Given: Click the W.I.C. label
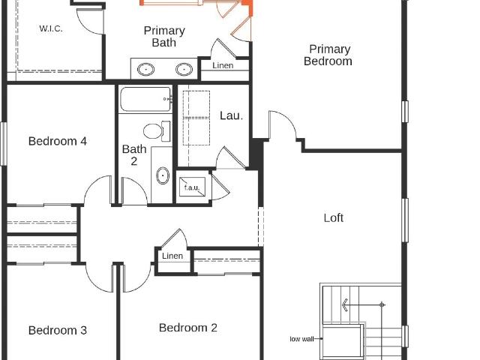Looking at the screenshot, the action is click(x=51, y=28).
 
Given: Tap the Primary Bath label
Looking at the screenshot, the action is click(x=164, y=37).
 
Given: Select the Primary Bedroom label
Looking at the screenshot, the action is click(x=328, y=55).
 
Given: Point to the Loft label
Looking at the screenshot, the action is click(x=333, y=218).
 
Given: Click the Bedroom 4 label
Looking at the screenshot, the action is click(x=58, y=141).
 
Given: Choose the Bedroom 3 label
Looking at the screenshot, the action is click(x=58, y=330).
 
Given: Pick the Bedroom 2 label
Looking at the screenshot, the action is click(x=188, y=328).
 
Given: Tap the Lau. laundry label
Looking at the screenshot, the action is click(x=232, y=115).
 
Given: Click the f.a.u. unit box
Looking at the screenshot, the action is click(x=192, y=187).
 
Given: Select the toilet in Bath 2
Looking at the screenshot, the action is click(x=157, y=131).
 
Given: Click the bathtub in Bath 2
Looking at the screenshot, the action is click(x=145, y=99).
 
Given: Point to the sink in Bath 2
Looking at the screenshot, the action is click(x=163, y=175).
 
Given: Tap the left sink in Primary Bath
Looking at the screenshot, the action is click(x=145, y=70).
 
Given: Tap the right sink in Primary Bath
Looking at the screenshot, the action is click(x=184, y=70).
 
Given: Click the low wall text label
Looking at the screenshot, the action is click(x=301, y=339).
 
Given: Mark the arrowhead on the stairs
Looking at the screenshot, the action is click(x=345, y=305).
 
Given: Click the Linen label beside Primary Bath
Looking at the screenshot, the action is click(x=223, y=65).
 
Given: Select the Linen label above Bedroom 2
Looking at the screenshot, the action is click(x=172, y=256).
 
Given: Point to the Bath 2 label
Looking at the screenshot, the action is click(x=134, y=155).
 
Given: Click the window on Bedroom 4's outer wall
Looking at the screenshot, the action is click(x=3, y=144).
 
